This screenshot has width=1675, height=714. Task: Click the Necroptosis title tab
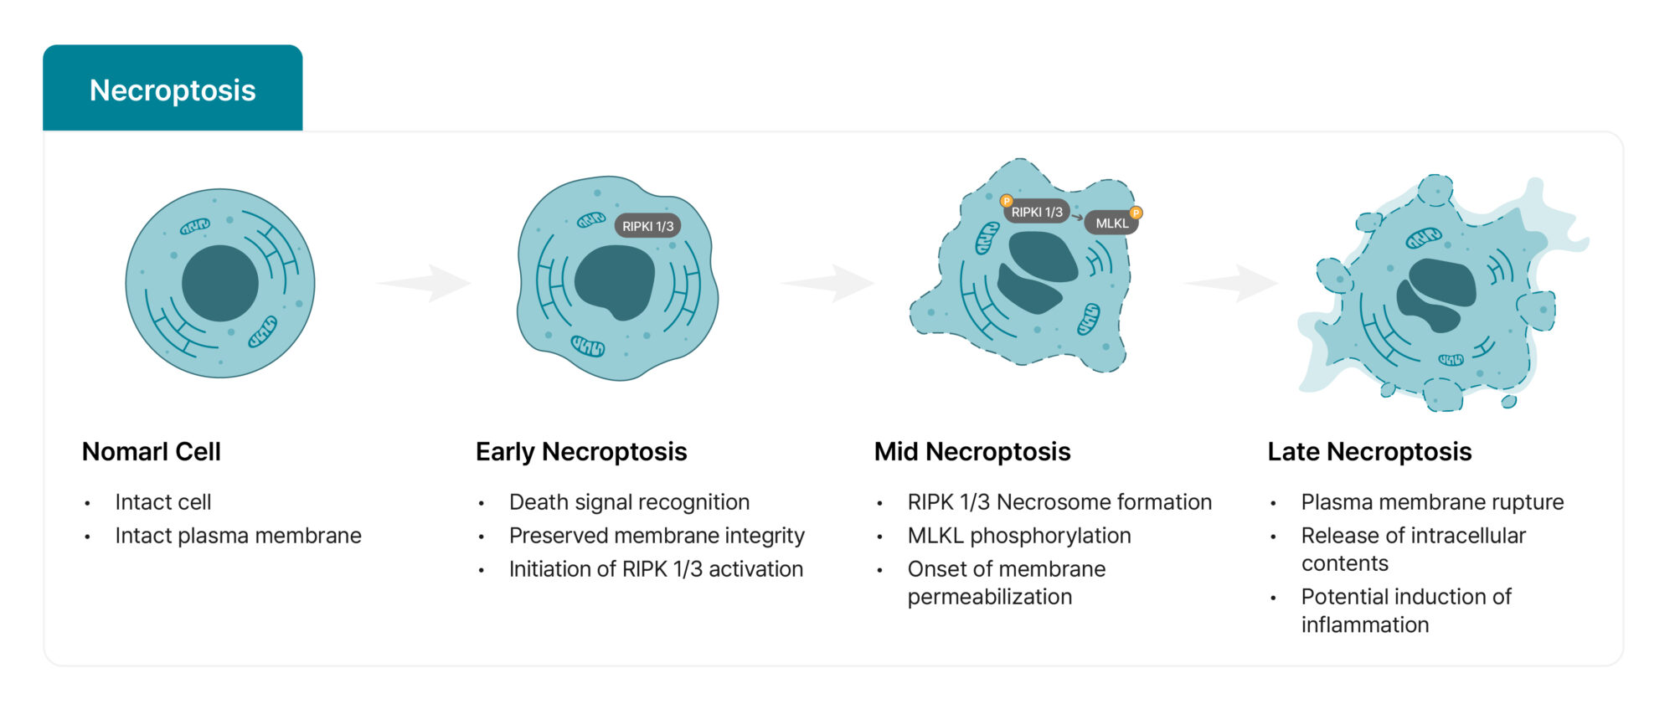pos(173,90)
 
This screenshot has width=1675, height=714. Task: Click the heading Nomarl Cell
pos(152,452)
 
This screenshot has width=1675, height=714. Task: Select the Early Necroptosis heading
pos(581,452)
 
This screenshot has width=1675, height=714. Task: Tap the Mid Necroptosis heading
pos(972,452)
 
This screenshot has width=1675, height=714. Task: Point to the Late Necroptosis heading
pos(1369,452)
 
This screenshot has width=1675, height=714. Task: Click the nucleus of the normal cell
pos(220,283)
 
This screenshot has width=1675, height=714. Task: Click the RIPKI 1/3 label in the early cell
pos(647,226)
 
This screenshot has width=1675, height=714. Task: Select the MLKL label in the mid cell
pos(1111,223)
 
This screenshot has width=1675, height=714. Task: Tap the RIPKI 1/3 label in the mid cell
pos(1037,213)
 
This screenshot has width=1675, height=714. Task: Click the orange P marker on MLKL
pos(1136,213)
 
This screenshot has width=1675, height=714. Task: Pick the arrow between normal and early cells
pos(426,283)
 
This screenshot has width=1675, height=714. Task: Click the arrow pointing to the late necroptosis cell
pos(1233,283)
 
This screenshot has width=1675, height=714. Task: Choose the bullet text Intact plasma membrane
pos(238,536)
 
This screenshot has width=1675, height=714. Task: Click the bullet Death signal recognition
pos(629,502)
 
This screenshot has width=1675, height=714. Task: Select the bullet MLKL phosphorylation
pos(1019,536)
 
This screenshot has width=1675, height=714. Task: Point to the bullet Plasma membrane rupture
pos(1432,502)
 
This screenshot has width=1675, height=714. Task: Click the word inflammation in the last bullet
pos(1365,625)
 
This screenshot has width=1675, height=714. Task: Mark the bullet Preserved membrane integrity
pos(657,536)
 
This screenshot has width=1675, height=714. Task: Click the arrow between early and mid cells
pos(829,283)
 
